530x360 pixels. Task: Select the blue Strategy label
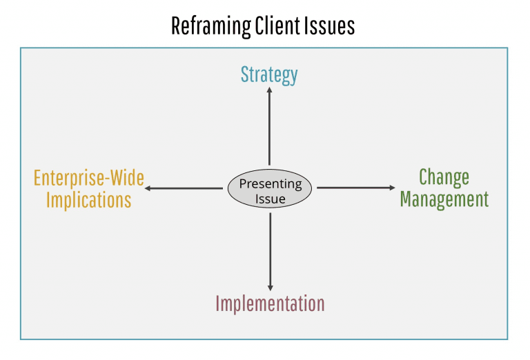(x=269, y=74)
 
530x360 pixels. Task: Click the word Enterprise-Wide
(x=89, y=178)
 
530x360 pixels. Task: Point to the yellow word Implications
(x=84, y=200)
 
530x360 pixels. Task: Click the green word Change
(x=444, y=177)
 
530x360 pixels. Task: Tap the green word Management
(x=444, y=199)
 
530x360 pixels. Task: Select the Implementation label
(x=270, y=303)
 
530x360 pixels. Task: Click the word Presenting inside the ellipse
(x=270, y=183)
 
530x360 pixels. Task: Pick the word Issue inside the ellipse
(x=270, y=199)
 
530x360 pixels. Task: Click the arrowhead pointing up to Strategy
(x=270, y=91)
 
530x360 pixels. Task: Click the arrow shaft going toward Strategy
(x=270, y=131)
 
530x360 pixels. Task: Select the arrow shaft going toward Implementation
(x=270, y=248)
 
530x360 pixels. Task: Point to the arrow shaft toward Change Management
(x=352, y=188)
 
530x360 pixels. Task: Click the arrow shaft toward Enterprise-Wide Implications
(x=186, y=188)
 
